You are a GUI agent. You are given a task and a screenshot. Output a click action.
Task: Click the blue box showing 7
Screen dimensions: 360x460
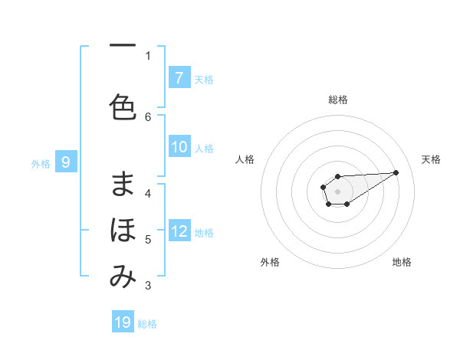pyautogui.click(x=179, y=78)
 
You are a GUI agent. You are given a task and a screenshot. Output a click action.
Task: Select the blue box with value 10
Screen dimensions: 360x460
pyautogui.click(x=179, y=148)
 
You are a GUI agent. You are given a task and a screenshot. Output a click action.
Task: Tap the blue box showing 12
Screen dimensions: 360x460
pyautogui.click(x=179, y=232)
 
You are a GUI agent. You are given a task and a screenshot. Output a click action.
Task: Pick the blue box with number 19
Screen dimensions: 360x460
pyautogui.click(x=123, y=322)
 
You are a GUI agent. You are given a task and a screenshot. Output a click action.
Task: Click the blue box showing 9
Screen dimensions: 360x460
pyautogui.click(x=67, y=162)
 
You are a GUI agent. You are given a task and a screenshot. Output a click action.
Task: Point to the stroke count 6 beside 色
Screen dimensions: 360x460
pyautogui.click(x=148, y=116)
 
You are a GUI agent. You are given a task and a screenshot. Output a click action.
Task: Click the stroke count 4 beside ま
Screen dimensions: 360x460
pyautogui.click(x=148, y=193)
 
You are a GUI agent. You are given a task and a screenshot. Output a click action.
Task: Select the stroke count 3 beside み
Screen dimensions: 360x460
pyautogui.click(x=148, y=286)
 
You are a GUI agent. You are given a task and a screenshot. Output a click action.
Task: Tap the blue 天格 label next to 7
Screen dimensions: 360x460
pyautogui.click(x=204, y=79)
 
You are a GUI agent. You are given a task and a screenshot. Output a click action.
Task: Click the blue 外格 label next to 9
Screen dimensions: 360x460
pyautogui.click(x=41, y=162)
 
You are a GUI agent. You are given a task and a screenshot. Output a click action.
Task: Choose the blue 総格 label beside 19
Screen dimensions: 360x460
pyautogui.click(x=147, y=323)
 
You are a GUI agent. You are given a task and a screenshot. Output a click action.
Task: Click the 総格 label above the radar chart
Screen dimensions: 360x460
pyautogui.click(x=338, y=100)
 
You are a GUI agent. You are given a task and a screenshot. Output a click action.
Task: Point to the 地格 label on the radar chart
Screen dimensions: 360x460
pyautogui.click(x=402, y=262)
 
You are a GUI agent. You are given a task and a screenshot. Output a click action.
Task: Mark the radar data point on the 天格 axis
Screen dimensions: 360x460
pyautogui.click(x=396, y=172)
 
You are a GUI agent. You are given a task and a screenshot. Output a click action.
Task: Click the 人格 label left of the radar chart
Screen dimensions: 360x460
pyautogui.click(x=245, y=159)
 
